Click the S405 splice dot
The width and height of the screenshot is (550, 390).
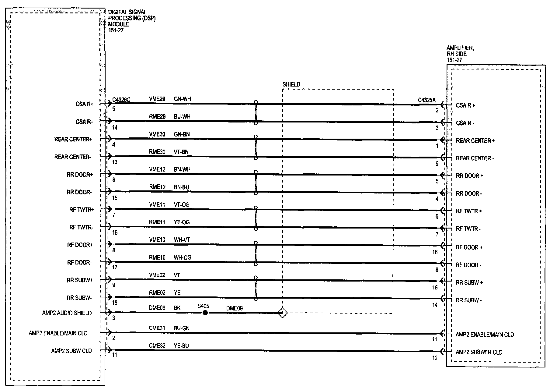tap(205, 313)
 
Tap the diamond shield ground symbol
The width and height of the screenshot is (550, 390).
tap(283, 313)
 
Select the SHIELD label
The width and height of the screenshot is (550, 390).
tap(291, 84)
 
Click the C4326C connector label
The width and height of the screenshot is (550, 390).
tap(121, 100)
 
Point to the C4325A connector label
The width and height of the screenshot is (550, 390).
tap(426, 100)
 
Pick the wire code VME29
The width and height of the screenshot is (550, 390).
tap(157, 99)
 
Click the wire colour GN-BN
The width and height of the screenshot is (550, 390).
tap(182, 134)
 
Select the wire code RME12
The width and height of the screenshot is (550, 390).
tap(157, 187)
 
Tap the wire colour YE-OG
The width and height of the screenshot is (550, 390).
tap(182, 222)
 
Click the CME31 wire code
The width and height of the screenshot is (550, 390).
tap(157, 328)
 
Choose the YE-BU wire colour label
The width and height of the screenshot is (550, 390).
tap(181, 346)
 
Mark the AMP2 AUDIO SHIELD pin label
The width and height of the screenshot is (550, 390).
tap(67, 313)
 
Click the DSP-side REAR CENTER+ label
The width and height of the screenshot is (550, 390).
tap(73, 139)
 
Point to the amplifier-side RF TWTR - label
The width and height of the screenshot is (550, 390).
tap(468, 229)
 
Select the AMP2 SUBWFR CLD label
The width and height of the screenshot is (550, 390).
tap(479, 352)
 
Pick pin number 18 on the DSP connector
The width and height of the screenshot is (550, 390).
tap(115, 303)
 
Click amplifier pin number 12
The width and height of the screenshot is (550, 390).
tap(435, 358)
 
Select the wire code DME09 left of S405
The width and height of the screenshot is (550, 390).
tap(157, 308)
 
